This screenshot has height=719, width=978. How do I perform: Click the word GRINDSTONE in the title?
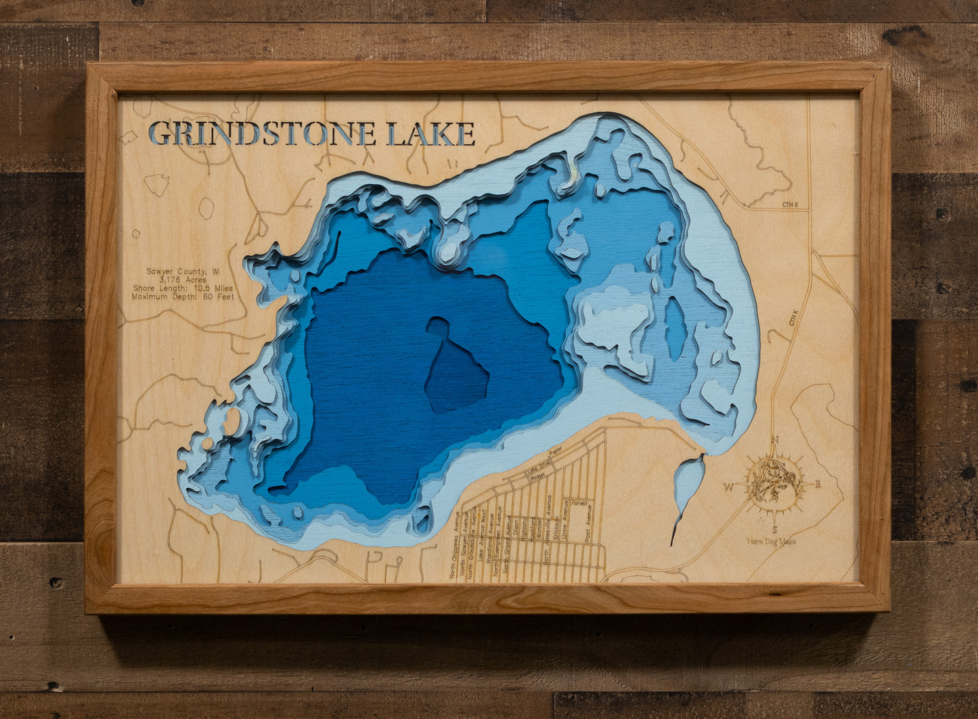(x=263, y=133)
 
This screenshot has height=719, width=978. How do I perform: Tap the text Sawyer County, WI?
(x=183, y=271)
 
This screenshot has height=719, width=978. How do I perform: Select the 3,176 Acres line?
(x=183, y=280)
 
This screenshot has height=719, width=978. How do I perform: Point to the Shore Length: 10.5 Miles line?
(x=183, y=288)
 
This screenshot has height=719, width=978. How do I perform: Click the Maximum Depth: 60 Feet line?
(x=183, y=297)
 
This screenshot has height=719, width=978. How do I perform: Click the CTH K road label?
(x=793, y=317)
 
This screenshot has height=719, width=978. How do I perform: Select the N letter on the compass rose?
(x=775, y=440)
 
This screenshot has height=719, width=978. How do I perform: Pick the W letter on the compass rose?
(x=728, y=486)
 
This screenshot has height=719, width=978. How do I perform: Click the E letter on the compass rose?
(x=818, y=484)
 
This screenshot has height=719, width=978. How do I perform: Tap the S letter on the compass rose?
(x=774, y=529)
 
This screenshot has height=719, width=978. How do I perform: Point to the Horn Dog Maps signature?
(x=771, y=541)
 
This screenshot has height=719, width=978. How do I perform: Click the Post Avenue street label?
(x=589, y=523)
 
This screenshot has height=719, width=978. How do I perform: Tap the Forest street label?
(x=579, y=504)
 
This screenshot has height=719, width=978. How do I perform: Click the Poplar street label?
(x=556, y=450)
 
